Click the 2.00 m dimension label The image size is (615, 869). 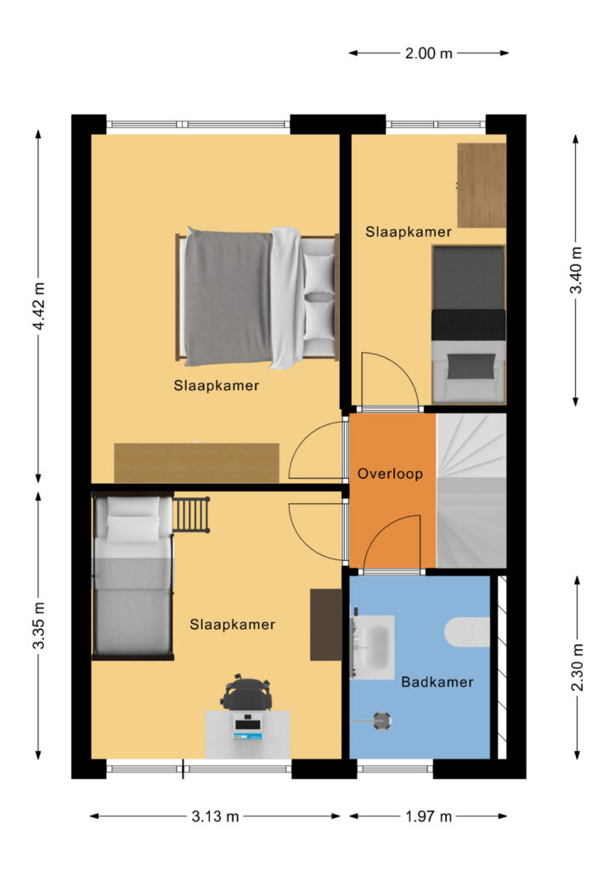click(x=428, y=53)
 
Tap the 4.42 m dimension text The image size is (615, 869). click(x=38, y=306)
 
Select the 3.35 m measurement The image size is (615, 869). click(x=38, y=625)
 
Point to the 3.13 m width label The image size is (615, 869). click(x=215, y=816)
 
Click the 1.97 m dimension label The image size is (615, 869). click(x=428, y=816)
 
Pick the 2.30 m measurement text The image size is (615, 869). click(x=577, y=667)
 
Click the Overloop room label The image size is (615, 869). click(x=390, y=474)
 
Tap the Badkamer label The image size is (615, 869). click(x=437, y=681)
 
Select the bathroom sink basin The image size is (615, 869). click(x=373, y=647)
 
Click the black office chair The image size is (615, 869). click(x=247, y=692)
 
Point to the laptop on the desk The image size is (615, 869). click(x=247, y=729)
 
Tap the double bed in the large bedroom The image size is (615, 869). click(x=257, y=298)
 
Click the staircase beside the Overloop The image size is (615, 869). click(x=471, y=491)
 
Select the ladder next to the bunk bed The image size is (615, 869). click(x=191, y=515)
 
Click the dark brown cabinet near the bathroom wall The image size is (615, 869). click(x=325, y=625)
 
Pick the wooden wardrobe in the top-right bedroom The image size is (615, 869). click(x=482, y=185)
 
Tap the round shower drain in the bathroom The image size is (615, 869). click(x=381, y=721)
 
